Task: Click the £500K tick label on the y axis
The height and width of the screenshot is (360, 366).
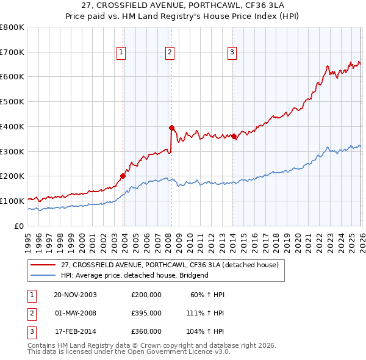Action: coord(12,102)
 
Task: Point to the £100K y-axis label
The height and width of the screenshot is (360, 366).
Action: coord(12,201)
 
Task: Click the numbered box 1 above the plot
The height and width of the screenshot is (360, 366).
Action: coord(122,53)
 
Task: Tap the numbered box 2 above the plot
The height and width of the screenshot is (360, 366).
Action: coord(169,53)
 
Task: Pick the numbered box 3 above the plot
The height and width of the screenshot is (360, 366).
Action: coord(232,53)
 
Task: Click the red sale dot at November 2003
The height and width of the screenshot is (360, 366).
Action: coord(123,176)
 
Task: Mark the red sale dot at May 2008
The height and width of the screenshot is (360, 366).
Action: coord(171,128)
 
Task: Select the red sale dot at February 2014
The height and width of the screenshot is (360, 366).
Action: coord(234,136)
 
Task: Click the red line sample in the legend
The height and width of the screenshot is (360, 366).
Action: coord(44,265)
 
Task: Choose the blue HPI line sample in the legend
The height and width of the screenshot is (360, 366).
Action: coord(44,275)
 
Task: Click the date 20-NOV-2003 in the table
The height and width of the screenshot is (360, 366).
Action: coord(75,295)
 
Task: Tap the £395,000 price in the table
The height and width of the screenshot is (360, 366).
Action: coord(146,313)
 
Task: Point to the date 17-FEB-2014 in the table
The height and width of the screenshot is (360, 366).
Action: coord(75,331)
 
